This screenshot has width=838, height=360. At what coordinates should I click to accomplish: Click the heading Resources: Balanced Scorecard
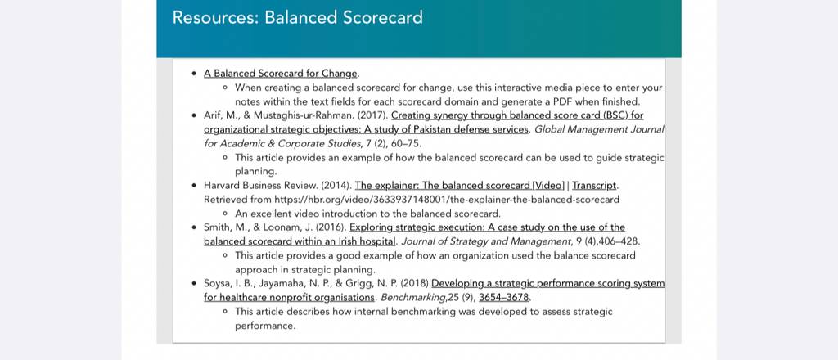297,18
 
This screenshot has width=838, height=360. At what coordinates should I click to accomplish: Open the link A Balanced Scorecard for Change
280,74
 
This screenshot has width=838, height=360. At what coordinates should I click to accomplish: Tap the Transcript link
594,186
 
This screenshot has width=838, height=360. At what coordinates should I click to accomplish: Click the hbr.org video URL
447,200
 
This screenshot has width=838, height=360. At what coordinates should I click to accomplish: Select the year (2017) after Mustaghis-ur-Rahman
372,115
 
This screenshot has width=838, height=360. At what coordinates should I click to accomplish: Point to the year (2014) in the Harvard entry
336,186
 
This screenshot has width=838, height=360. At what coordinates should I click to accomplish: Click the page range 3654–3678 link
504,298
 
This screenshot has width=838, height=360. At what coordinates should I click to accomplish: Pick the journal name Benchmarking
413,298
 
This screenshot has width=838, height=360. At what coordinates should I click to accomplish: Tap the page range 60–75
404,144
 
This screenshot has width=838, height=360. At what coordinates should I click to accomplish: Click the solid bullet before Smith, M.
194,227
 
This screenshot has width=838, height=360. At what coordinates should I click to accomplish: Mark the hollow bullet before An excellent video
225,214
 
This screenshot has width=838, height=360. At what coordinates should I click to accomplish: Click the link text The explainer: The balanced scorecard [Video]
460,186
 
